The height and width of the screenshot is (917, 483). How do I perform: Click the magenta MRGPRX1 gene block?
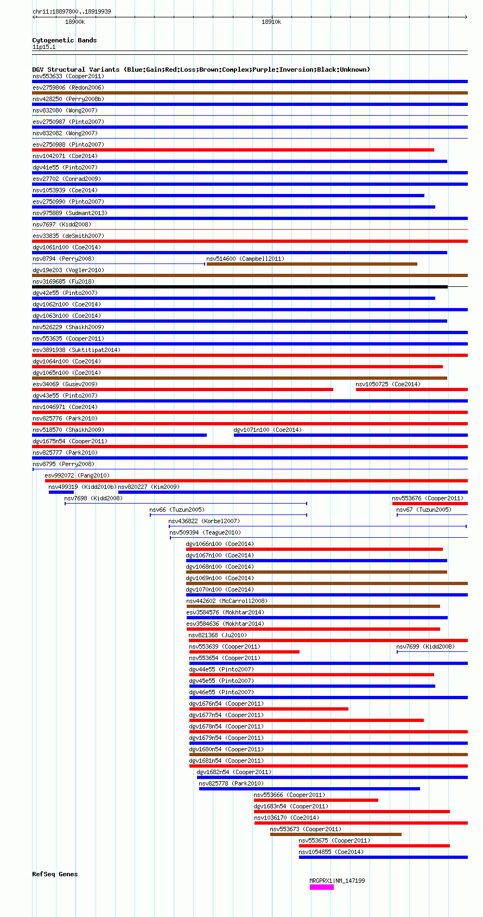[x=321, y=887]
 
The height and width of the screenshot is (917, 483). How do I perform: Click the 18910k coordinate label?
[x=271, y=22]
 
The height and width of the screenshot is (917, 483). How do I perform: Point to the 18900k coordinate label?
[x=75, y=22]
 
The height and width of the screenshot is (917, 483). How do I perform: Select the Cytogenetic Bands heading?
[x=64, y=40]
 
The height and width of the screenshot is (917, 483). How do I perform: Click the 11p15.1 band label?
[x=44, y=47]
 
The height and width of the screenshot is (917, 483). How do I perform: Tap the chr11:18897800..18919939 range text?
[x=72, y=11]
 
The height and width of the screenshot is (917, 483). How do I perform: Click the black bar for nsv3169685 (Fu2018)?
[x=240, y=287]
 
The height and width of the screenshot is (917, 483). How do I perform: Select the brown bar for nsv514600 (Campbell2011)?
[x=312, y=264]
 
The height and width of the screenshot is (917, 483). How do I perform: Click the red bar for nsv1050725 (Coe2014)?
[x=411, y=390]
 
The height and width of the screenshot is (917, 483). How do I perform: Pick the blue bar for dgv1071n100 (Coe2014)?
[x=351, y=435]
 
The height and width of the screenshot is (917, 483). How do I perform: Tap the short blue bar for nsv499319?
[x=61, y=492]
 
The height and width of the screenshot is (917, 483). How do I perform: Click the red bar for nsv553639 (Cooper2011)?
[x=244, y=652]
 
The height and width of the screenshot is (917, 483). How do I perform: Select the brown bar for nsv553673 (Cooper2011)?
[x=336, y=834]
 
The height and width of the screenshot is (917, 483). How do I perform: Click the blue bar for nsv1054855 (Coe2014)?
[x=383, y=857]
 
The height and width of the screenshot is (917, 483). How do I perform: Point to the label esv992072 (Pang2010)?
[x=77, y=475]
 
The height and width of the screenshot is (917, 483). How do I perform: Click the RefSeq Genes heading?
[x=55, y=874]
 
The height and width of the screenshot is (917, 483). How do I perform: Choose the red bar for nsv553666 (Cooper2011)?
[x=316, y=800]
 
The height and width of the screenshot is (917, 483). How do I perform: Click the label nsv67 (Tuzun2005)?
[x=424, y=510]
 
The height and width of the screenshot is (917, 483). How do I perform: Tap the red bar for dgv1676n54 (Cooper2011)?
[x=269, y=709]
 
